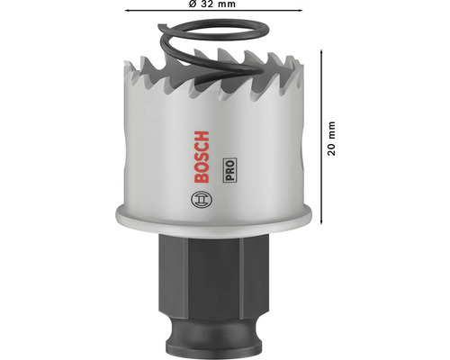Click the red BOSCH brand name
point(202,157)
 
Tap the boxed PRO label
point(229,170)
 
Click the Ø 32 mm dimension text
point(212,4)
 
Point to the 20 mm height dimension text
point(331,139)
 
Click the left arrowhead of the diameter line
point(127,11)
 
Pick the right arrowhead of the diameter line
point(301,11)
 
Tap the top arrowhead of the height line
point(321,52)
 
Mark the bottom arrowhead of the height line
point(321,221)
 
